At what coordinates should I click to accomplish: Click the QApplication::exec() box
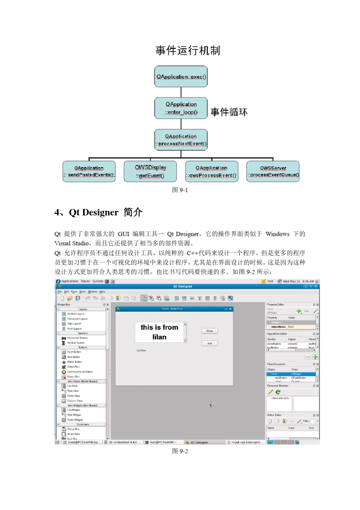point(181,77)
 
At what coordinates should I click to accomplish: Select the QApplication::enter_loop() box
point(181,108)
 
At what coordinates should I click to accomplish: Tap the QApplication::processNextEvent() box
point(181,140)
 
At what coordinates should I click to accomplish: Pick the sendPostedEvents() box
point(89,171)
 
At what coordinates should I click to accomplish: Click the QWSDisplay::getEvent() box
point(150,171)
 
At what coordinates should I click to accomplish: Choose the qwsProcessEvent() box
point(211,171)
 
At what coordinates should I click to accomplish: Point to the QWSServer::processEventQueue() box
point(273,171)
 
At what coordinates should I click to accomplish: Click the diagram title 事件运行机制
point(188,50)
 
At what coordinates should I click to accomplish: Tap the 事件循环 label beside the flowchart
point(229,112)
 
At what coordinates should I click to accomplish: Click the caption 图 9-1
point(180,190)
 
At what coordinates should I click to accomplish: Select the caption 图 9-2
point(180,451)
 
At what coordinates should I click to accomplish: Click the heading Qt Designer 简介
point(99,212)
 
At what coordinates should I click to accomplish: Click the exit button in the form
point(210,344)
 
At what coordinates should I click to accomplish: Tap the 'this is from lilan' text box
point(160,332)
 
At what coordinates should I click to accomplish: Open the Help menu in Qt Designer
point(102,292)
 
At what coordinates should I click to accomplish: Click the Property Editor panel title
point(275,304)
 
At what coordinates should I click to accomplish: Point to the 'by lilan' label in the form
point(141,350)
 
